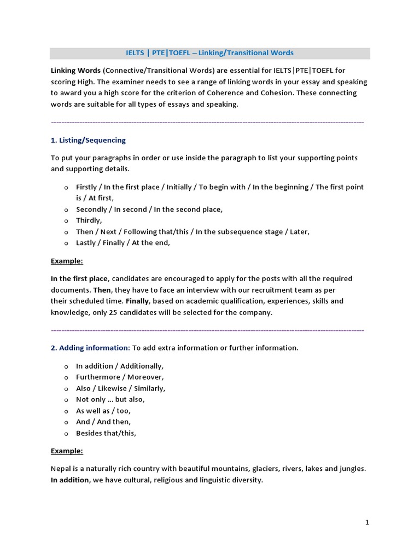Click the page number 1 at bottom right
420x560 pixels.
pos(367,523)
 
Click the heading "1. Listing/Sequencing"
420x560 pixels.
pos(88,140)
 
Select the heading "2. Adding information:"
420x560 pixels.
pos(90,348)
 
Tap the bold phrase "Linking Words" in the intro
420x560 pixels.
pos(75,71)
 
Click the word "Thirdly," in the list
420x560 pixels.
pos(89,220)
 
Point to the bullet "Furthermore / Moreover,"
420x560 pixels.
pos(120,377)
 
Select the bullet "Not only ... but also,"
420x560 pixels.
pos(110,399)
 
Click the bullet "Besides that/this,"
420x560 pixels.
pos(106,433)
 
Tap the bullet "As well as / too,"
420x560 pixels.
pos(103,411)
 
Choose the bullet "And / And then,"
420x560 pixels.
pos(103,422)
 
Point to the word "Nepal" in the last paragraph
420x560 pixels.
pos(61,469)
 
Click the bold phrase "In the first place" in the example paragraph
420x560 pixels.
pos(79,278)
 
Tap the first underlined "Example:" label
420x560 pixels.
pos(67,261)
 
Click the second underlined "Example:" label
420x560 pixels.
pos(67,451)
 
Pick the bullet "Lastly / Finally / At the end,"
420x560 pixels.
pos(123,243)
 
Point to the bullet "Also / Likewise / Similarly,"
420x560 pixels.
pos(120,388)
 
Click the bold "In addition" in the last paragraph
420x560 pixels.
pos(70,480)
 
